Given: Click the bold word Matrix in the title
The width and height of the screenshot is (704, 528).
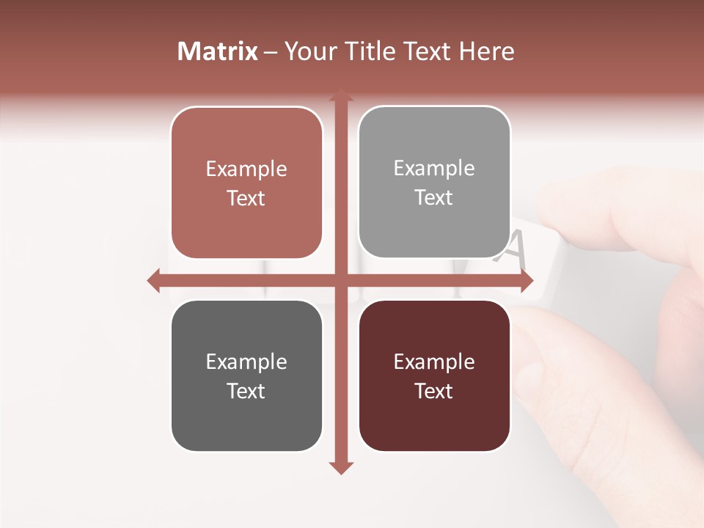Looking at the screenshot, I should (x=218, y=51).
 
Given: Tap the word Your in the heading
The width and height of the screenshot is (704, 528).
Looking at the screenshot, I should (x=311, y=51).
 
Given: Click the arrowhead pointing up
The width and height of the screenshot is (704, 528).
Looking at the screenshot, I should (x=340, y=95).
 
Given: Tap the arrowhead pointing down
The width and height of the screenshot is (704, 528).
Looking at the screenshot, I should (x=340, y=468).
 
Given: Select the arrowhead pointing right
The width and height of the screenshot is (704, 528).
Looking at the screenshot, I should (x=527, y=281).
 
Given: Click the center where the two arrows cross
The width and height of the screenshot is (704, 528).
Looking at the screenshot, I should (x=340, y=281).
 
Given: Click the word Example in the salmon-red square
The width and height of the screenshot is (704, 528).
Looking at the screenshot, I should (x=246, y=169).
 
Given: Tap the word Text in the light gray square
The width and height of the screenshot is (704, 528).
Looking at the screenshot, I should (x=434, y=198).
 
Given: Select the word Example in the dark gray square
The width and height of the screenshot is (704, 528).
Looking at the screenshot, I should (x=246, y=362).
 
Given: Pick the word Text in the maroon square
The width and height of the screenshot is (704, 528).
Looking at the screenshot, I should (x=434, y=392).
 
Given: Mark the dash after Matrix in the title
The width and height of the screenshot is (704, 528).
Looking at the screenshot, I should (x=271, y=52).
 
